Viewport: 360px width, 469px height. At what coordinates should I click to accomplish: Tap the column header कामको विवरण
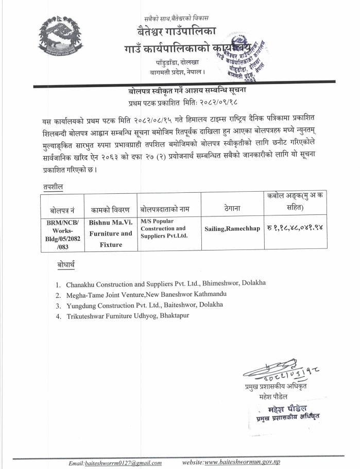pyautogui.click(x=110, y=210)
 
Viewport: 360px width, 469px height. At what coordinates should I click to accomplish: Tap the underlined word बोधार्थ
pyautogui.click(x=66, y=265)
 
